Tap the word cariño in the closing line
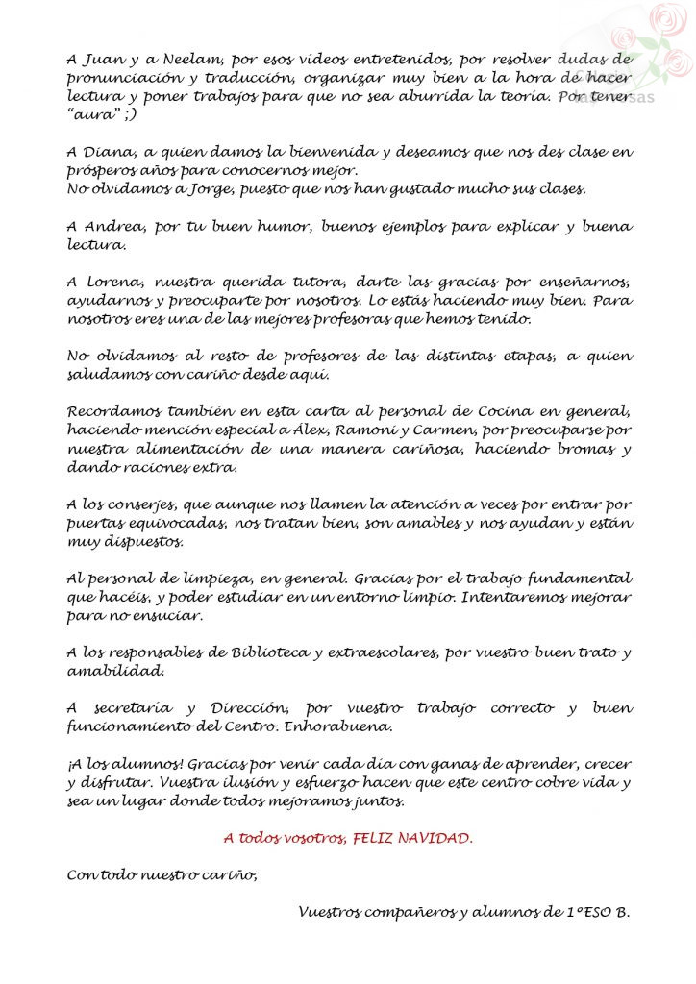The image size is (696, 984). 228,874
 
